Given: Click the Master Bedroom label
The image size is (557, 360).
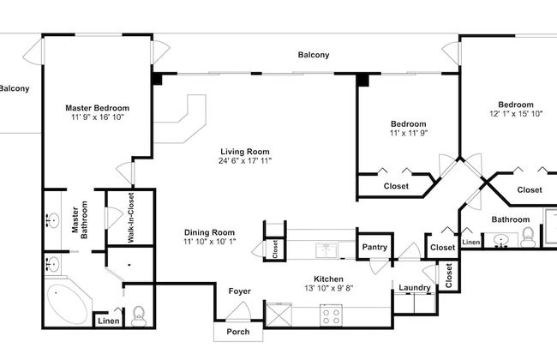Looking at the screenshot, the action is (x=97, y=108).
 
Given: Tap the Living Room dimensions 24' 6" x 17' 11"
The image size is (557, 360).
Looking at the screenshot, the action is (x=245, y=161).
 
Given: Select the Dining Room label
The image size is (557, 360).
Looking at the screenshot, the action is (x=209, y=232).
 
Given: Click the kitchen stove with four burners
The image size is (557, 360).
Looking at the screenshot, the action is (x=331, y=315).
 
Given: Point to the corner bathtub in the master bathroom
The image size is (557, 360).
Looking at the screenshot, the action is (x=68, y=303).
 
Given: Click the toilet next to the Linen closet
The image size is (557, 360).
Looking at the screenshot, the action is (x=139, y=316).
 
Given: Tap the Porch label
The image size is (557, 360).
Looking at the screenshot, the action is (x=238, y=332).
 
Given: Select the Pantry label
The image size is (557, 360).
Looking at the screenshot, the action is (x=374, y=247).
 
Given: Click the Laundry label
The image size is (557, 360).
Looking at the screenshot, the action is (x=415, y=287).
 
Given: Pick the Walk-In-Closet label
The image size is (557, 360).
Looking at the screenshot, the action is (x=131, y=218).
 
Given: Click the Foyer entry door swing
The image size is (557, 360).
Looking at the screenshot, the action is (x=239, y=312).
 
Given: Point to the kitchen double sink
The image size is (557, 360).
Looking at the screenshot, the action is (x=326, y=250).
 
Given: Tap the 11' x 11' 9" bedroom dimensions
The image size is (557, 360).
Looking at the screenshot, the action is (x=409, y=133).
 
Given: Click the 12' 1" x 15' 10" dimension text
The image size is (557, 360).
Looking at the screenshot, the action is (x=516, y=114).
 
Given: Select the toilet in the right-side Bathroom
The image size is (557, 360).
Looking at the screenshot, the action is (x=528, y=237).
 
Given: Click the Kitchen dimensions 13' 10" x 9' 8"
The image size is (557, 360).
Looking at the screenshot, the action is (x=328, y=288).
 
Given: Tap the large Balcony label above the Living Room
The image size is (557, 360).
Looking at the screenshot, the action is (x=314, y=55).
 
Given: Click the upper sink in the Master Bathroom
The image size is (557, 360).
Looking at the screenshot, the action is (x=53, y=219).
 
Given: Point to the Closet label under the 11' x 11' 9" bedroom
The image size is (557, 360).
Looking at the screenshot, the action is (x=396, y=186).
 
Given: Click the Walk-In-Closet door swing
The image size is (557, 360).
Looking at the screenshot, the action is (x=114, y=218).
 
